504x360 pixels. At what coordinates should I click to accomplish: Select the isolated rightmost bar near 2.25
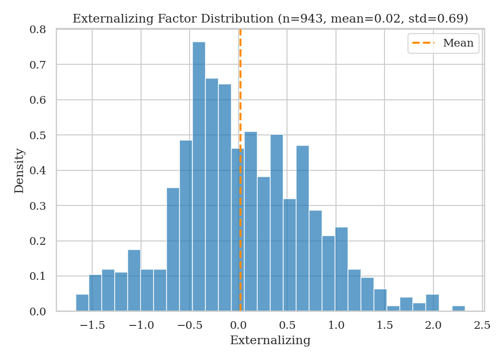point(458,308)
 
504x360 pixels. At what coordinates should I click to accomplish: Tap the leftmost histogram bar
point(82,303)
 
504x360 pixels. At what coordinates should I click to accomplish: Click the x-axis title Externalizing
point(270,341)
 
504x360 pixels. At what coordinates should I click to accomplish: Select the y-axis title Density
point(19,171)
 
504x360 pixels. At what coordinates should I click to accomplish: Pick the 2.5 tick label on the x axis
point(481,326)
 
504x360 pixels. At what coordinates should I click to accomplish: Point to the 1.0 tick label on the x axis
point(336,326)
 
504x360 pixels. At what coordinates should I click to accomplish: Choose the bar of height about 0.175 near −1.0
point(134,281)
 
